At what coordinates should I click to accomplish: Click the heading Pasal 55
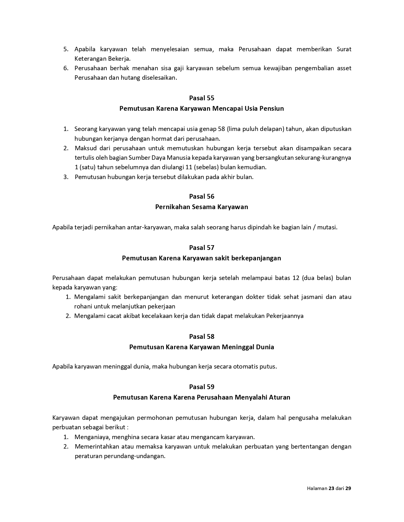(x=202, y=98)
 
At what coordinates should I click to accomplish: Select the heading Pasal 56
(x=202, y=196)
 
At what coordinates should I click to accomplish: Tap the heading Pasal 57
(x=202, y=248)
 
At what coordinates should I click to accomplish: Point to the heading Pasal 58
(x=202, y=337)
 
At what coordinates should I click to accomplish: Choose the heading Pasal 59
(x=202, y=387)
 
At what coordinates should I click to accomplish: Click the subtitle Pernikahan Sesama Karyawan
(x=202, y=207)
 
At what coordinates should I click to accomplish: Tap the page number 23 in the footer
(x=331, y=488)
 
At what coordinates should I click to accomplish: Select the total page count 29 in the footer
(x=348, y=488)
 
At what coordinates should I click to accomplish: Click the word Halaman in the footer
(x=317, y=488)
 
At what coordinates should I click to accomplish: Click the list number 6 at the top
(x=66, y=68)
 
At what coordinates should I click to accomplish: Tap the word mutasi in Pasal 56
(x=328, y=227)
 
